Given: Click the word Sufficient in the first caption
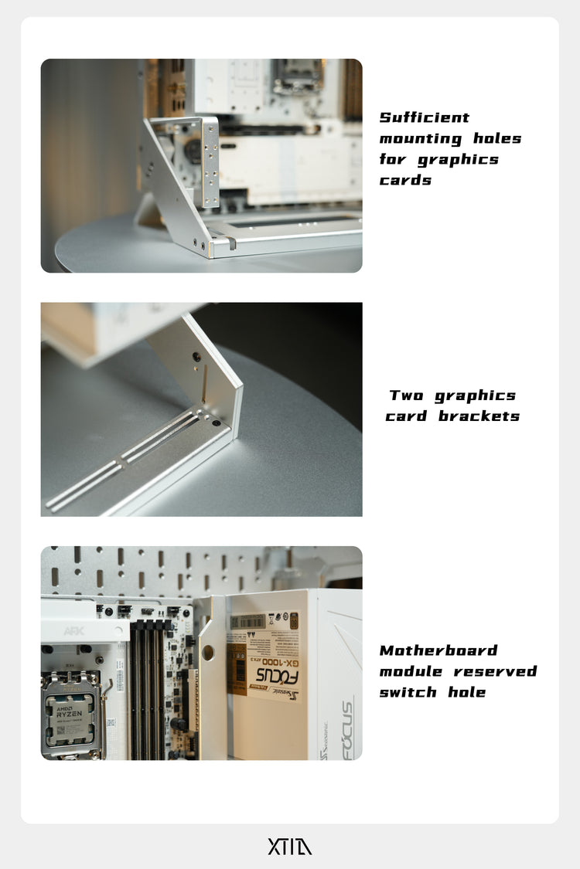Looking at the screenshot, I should click(x=425, y=117).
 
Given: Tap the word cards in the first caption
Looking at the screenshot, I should click(x=405, y=180).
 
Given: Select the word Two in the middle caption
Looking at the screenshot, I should click(x=406, y=395).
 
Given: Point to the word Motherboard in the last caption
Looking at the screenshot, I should click(x=438, y=650).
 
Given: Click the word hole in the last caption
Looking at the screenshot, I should click(x=467, y=692).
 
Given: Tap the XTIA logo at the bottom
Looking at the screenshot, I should click(x=290, y=847).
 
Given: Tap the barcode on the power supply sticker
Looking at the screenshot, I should click(x=248, y=621).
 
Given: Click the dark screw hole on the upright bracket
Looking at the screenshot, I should click(x=196, y=357).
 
